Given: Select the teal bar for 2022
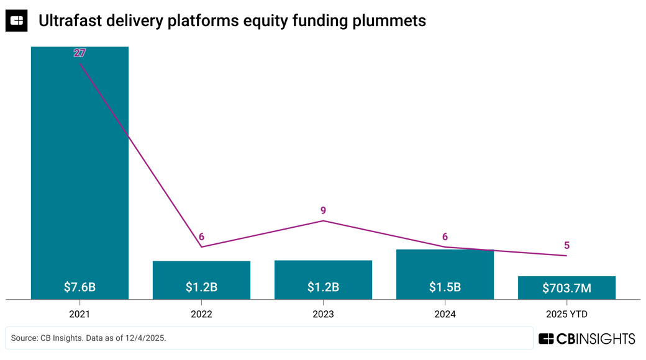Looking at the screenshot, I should [201, 273].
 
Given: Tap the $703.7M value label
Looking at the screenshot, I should [566, 288].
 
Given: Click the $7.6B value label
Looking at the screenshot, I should [80, 287].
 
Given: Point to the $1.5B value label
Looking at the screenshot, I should [445, 287].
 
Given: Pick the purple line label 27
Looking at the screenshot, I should [80, 53].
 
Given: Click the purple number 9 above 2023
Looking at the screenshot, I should [323, 210].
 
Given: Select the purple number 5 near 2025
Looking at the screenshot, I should [566, 246].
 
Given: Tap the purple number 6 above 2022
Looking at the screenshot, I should [201, 237].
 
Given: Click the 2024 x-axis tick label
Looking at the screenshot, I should [445, 314].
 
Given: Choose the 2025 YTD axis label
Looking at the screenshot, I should [566, 314].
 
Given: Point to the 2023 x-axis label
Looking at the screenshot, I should [323, 314].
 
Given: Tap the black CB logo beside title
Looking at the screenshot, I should [17, 20].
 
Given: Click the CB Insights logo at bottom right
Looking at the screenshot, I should [586, 338].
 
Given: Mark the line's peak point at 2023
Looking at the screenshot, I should [323, 221].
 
